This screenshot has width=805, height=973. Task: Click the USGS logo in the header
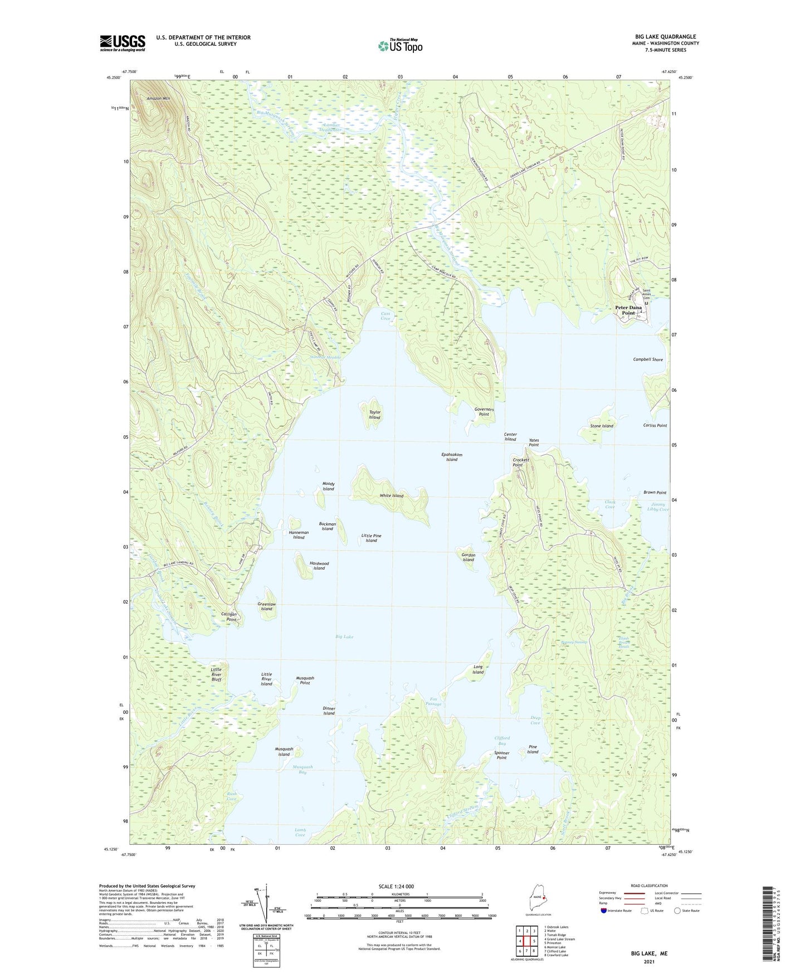(x=123, y=43)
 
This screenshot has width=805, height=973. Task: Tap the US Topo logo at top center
(x=400, y=45)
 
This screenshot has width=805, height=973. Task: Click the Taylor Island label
(x=374, y=415)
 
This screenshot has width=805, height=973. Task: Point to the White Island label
(x=391, y=495)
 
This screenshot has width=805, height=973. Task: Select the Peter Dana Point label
(x=628, y=310)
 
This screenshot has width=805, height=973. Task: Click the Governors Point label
(x=484, y=412)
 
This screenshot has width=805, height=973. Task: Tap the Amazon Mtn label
(x=158, y=99)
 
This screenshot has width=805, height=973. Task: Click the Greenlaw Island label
(x=267, y=606)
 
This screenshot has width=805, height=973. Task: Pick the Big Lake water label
(x=344, y=636)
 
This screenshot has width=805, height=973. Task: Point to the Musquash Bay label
(x=303, y=770)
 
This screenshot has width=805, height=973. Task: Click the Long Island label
(x=478, y=669)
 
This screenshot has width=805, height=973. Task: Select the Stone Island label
(x=602, y=426)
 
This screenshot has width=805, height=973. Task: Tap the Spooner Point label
(x=501, y=755)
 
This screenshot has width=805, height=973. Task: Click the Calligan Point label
(x=229, y=616)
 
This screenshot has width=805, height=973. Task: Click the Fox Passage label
(x=433, y=701)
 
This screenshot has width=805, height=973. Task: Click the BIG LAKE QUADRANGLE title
(x=661, y=37)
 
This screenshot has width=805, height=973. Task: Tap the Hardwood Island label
(x=319, y=566)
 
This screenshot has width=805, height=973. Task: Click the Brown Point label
(x=655, y=493)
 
